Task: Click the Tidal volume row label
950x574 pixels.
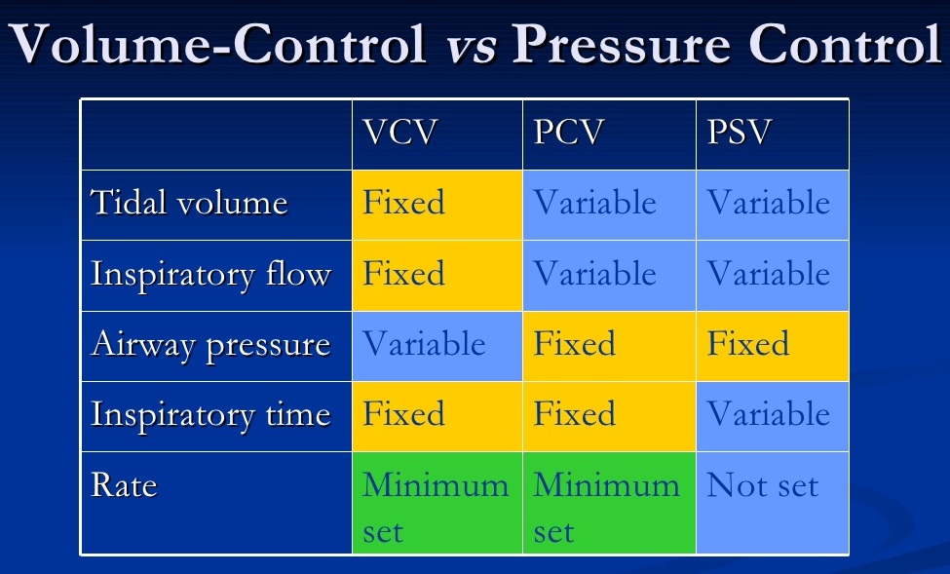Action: (189, 204)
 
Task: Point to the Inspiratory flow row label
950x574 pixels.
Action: (210, 275)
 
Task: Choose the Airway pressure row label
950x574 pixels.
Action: (210, 345)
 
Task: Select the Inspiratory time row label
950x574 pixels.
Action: (210, 415)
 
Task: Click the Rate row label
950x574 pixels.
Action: (124, 485)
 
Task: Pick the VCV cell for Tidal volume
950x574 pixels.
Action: (437, 205)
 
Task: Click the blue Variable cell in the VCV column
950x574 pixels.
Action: (437, 345)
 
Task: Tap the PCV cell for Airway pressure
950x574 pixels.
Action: (609, 345)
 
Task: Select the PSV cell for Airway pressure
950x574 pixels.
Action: (772, 345)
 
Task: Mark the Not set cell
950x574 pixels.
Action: (772, 502)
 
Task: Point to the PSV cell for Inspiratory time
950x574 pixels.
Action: (772, 415)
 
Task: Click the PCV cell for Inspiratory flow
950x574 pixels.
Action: (609, 275)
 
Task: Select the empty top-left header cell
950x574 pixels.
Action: (216, 134)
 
